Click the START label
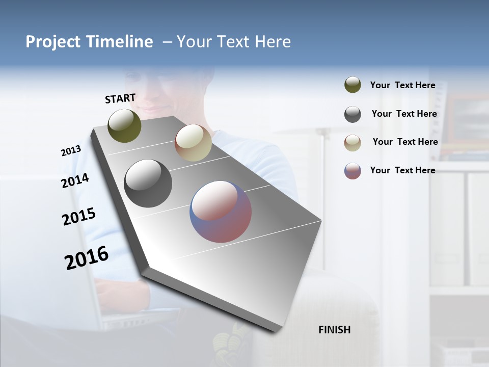click(120, 98)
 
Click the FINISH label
click(334, 330)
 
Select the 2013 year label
click(71, 151)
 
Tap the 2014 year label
click(75, 181)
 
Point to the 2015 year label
click(79, 217)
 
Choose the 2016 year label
click(87, 258)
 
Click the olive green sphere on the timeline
click(124, 125)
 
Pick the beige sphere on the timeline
click(193, 143)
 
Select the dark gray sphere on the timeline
click(148, 183)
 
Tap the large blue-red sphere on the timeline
click(221, 212)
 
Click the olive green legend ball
click(352, 85)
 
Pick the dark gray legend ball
click(352, 114)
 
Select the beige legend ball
click(352, 143)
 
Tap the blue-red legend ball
click(352, 171)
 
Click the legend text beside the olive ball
click(402, 85)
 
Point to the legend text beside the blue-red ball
click(402, 170)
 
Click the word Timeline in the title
click(120, 42)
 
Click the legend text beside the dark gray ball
click(404, 114)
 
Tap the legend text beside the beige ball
click(405, 142)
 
